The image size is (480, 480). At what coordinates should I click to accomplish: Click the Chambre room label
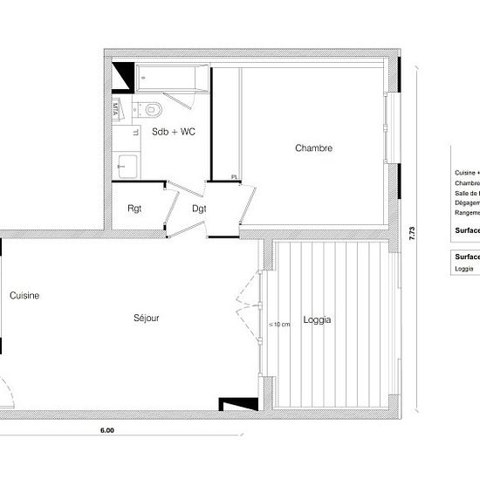[313, 148]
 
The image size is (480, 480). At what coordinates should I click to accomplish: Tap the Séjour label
[146, 319]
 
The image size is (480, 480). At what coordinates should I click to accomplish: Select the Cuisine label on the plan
[24, 296]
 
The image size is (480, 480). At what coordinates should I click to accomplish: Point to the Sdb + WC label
[173, 133]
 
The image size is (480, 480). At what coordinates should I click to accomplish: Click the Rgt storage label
[135, 208]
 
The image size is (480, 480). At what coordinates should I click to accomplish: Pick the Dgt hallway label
[199, 208]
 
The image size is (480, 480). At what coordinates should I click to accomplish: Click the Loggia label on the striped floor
[317, 320]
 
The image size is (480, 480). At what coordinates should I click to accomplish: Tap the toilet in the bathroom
[152, 108]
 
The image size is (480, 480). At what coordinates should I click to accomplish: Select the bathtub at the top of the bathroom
[170, 79]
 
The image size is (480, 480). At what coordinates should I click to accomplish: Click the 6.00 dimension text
[107, 429]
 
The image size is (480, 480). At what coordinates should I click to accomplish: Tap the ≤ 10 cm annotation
[279, 325]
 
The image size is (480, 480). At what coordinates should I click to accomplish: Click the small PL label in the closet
[235, 177]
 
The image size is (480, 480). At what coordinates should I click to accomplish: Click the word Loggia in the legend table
[463, 269]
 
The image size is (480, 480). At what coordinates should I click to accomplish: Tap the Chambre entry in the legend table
[466, 184]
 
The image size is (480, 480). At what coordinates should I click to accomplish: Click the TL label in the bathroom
[134, 133]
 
